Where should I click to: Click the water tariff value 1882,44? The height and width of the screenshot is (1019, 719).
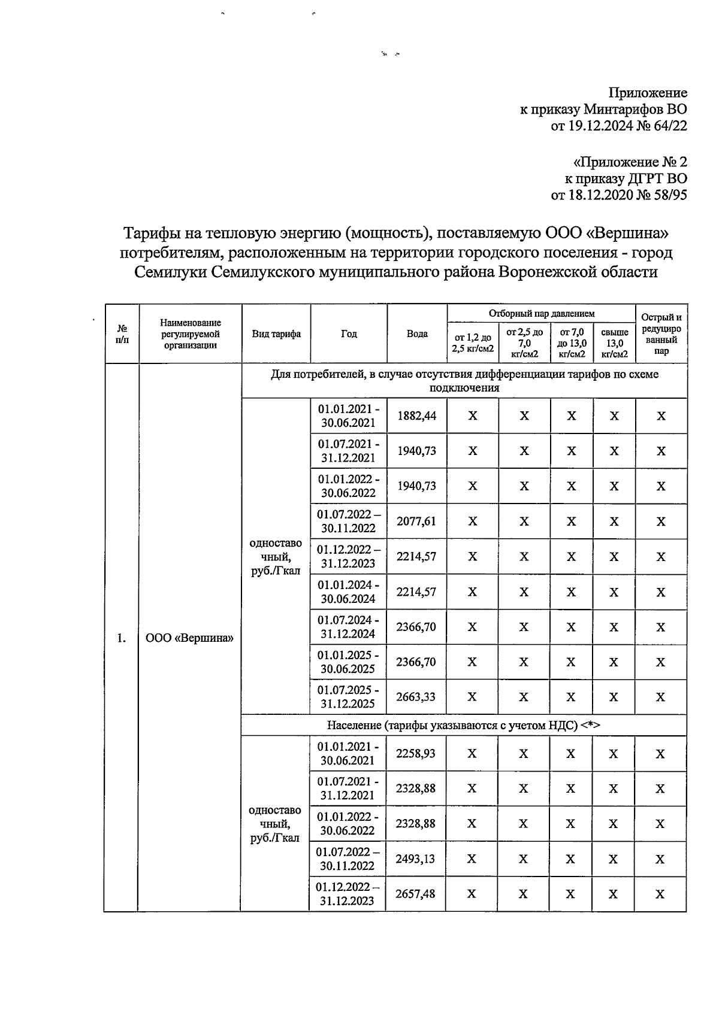point(417,416)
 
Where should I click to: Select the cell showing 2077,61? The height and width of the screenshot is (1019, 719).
point(416,521)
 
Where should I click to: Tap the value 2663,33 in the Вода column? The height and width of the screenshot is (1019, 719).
point(416,697)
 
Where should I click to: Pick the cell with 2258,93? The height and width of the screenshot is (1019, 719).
point(416,753)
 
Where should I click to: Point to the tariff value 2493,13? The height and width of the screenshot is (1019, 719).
point(416,859)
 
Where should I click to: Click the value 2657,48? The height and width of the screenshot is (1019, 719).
point(416,894)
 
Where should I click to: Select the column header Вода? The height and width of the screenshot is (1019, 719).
point(417,333)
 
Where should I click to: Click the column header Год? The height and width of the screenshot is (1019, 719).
point(349,333)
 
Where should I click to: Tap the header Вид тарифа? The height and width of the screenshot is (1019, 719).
point(276,333)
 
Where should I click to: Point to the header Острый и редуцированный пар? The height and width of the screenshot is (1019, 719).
point(661,334)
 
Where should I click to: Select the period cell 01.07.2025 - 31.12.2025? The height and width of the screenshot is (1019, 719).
point(348,697)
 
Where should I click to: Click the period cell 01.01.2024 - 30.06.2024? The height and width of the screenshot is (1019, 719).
point(348,592)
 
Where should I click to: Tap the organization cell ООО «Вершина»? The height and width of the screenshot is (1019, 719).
point(190,638)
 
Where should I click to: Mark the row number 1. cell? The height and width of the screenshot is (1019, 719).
point(122,638)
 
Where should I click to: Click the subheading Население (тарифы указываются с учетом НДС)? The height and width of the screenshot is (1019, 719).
point(463,725)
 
